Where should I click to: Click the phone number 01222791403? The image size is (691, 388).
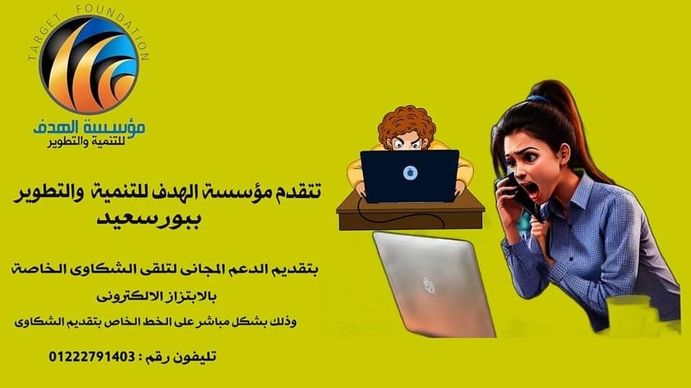(91, 356)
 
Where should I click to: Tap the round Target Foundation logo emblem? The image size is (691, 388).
(89, 64)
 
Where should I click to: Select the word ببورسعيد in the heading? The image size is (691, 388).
(149, 219)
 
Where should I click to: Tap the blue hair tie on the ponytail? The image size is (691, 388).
(538, 99)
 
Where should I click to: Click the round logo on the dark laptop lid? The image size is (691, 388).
(410, 173)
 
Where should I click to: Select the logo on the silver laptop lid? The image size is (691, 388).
(429, 285)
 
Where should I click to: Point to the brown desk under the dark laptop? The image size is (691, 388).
(410, 216)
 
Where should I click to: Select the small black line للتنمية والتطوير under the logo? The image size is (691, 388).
(86, 143)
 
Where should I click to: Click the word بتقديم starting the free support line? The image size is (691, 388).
(292, 269)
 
